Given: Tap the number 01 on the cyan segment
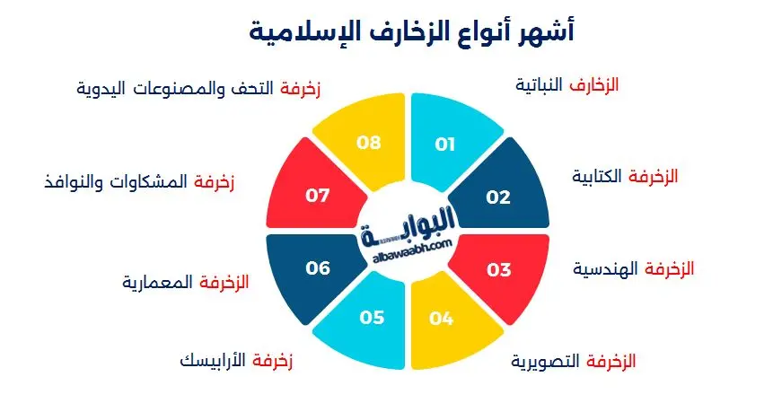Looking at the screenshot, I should point(445,144).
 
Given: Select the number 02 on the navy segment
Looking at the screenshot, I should point(498,197).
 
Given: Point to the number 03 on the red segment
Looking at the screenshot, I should point(499,268).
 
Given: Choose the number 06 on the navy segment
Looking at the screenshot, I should point(319,268).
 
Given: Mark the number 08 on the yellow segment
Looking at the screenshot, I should point(370,144).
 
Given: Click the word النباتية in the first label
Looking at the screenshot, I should point(543,85).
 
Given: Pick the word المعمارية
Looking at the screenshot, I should point(157,282).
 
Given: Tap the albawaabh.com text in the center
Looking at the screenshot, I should point(408,243).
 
